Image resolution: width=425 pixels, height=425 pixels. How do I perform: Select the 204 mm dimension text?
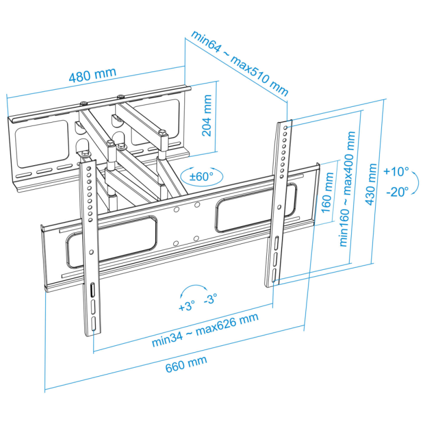207,115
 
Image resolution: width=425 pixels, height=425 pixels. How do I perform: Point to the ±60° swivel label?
201,177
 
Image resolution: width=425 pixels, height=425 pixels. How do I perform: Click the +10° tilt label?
396,172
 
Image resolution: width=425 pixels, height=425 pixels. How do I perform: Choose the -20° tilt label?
397,192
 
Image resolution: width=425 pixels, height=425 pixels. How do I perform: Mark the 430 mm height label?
371,184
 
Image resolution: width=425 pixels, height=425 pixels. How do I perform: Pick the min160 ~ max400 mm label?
347,189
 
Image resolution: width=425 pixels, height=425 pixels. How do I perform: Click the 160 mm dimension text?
327,193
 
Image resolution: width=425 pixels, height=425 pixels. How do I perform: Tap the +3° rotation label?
187,306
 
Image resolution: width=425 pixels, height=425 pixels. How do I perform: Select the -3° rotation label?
210,299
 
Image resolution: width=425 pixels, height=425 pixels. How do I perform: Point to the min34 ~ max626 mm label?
205,330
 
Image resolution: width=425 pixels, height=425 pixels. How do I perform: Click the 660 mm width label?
186,364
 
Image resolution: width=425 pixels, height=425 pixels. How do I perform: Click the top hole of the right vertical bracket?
285,127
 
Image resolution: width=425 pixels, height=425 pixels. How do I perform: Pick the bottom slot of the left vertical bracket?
93,324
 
